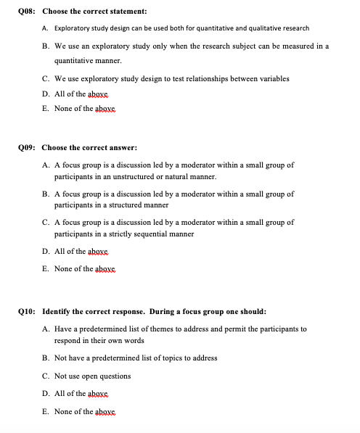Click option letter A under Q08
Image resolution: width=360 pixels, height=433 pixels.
46,28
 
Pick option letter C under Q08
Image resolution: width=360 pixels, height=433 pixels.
46,78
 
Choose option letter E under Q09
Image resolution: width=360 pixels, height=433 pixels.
46,269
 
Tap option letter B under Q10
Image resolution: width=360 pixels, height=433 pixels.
46,358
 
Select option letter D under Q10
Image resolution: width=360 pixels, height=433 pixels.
46,394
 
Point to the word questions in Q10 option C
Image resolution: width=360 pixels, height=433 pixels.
114,376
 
